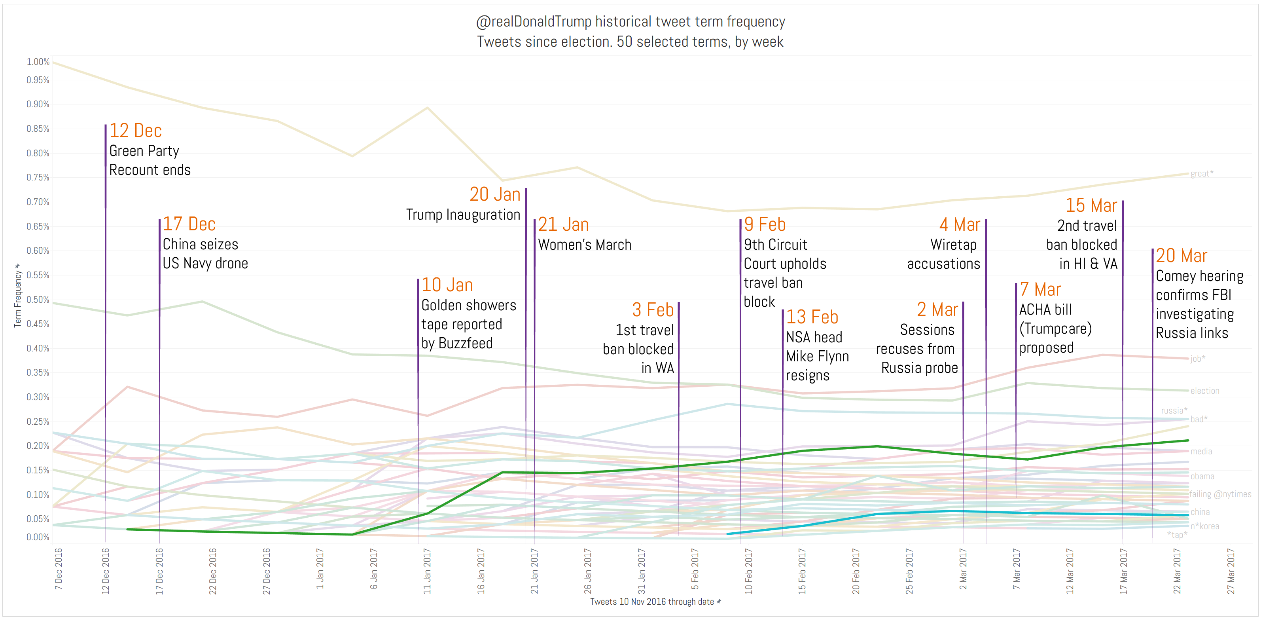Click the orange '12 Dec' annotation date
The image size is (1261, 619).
[x=135, y=131]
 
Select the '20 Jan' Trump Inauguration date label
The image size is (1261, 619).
[x=494, y=194]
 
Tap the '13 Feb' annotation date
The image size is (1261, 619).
[x=812, y=317]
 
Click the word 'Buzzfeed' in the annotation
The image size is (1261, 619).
[x=466, y=343]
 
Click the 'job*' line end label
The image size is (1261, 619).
[x=1198, y=359]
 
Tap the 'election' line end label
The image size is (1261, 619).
[x=1205, y=391]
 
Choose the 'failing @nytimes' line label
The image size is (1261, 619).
[x=1220, y=494]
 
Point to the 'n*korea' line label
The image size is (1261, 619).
[x=1205, y=526]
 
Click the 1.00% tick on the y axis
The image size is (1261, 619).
[x=38, y=62]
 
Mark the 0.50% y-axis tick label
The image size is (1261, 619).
[x=38, y=299]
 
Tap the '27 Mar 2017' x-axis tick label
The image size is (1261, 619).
[x=1231, y=572]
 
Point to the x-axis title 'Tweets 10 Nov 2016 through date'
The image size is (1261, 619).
[x=652, y=602]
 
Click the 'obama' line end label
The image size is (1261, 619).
[x=1202, y=476]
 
